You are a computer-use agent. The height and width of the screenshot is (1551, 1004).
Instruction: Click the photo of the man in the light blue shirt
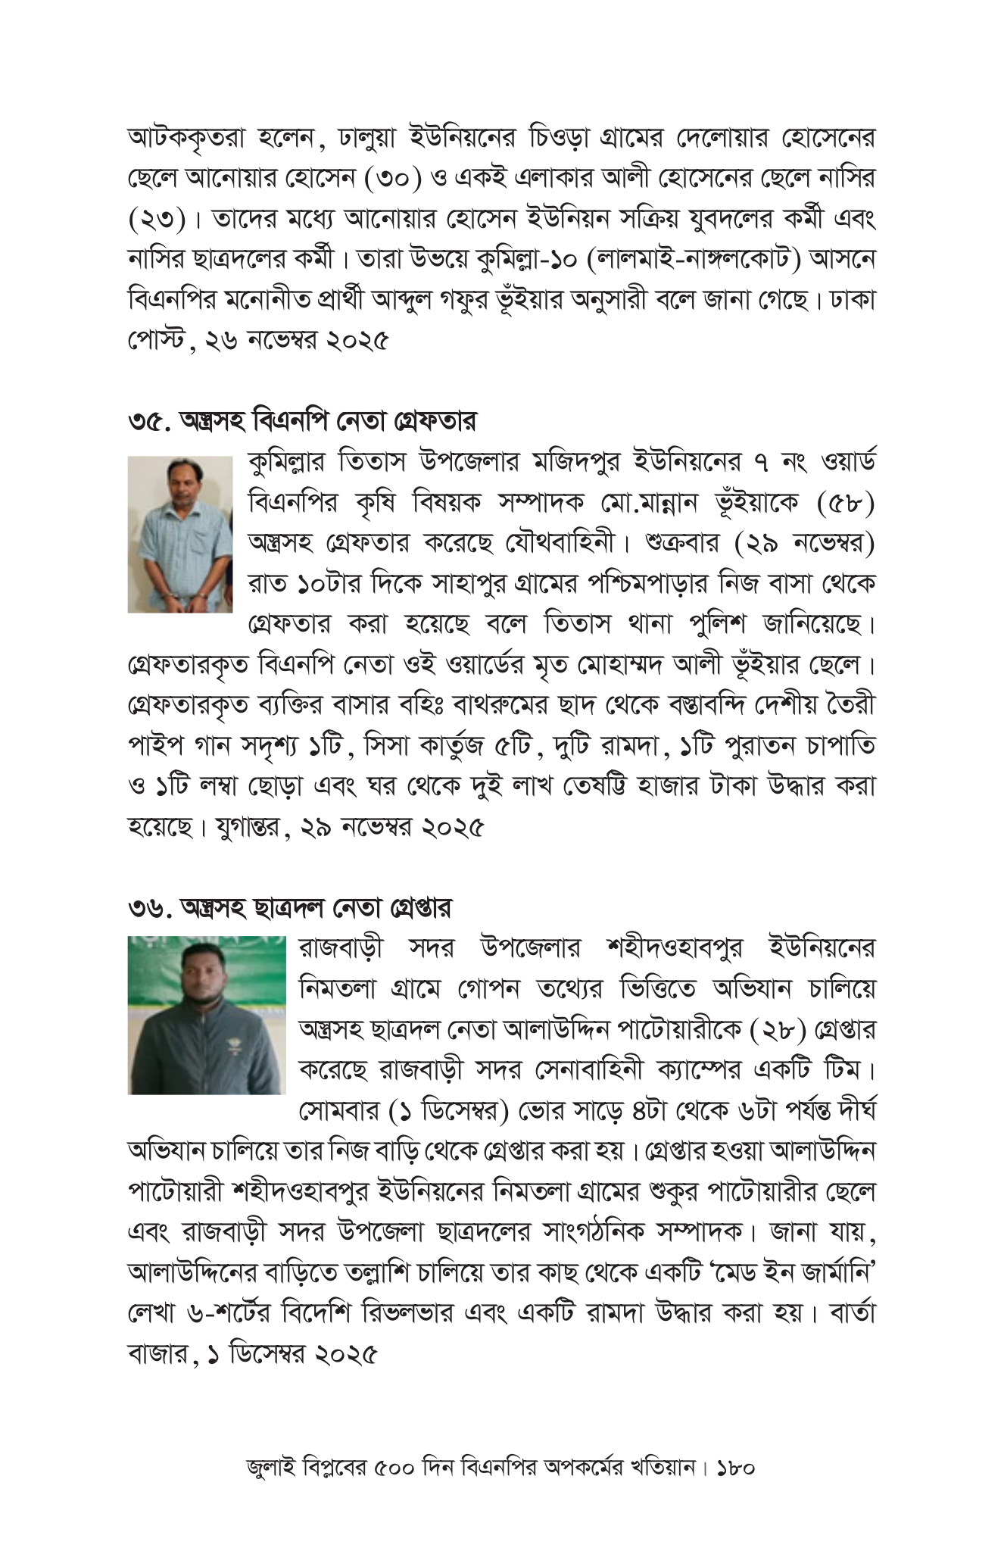coord(179,534)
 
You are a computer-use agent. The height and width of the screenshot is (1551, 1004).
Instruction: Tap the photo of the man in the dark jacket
coord(206,1015)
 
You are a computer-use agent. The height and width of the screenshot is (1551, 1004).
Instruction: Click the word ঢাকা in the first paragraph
coord(853,301)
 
